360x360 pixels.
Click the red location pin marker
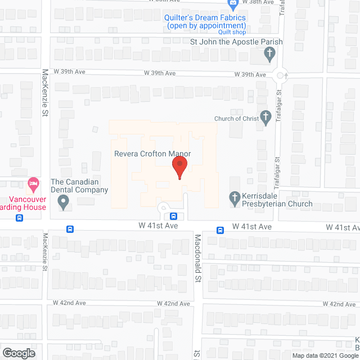pos(179,167)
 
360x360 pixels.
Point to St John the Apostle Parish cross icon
pos(269,54)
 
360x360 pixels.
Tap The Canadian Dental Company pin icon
pos(63,201)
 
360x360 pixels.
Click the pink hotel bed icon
pos(33,183)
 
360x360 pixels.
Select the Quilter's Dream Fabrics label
pos(205,21)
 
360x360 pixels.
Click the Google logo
pos(18,353)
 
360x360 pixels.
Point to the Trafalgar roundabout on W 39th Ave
pos(281,74)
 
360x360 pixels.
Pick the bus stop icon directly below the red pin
pos(174,216)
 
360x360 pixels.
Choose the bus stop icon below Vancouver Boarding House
pos(19,218)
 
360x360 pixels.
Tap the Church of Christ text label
pos(236,119)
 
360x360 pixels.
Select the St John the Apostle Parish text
pos(236,42)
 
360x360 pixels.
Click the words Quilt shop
pos(232,32)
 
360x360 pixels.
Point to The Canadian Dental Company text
pos(79,186)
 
